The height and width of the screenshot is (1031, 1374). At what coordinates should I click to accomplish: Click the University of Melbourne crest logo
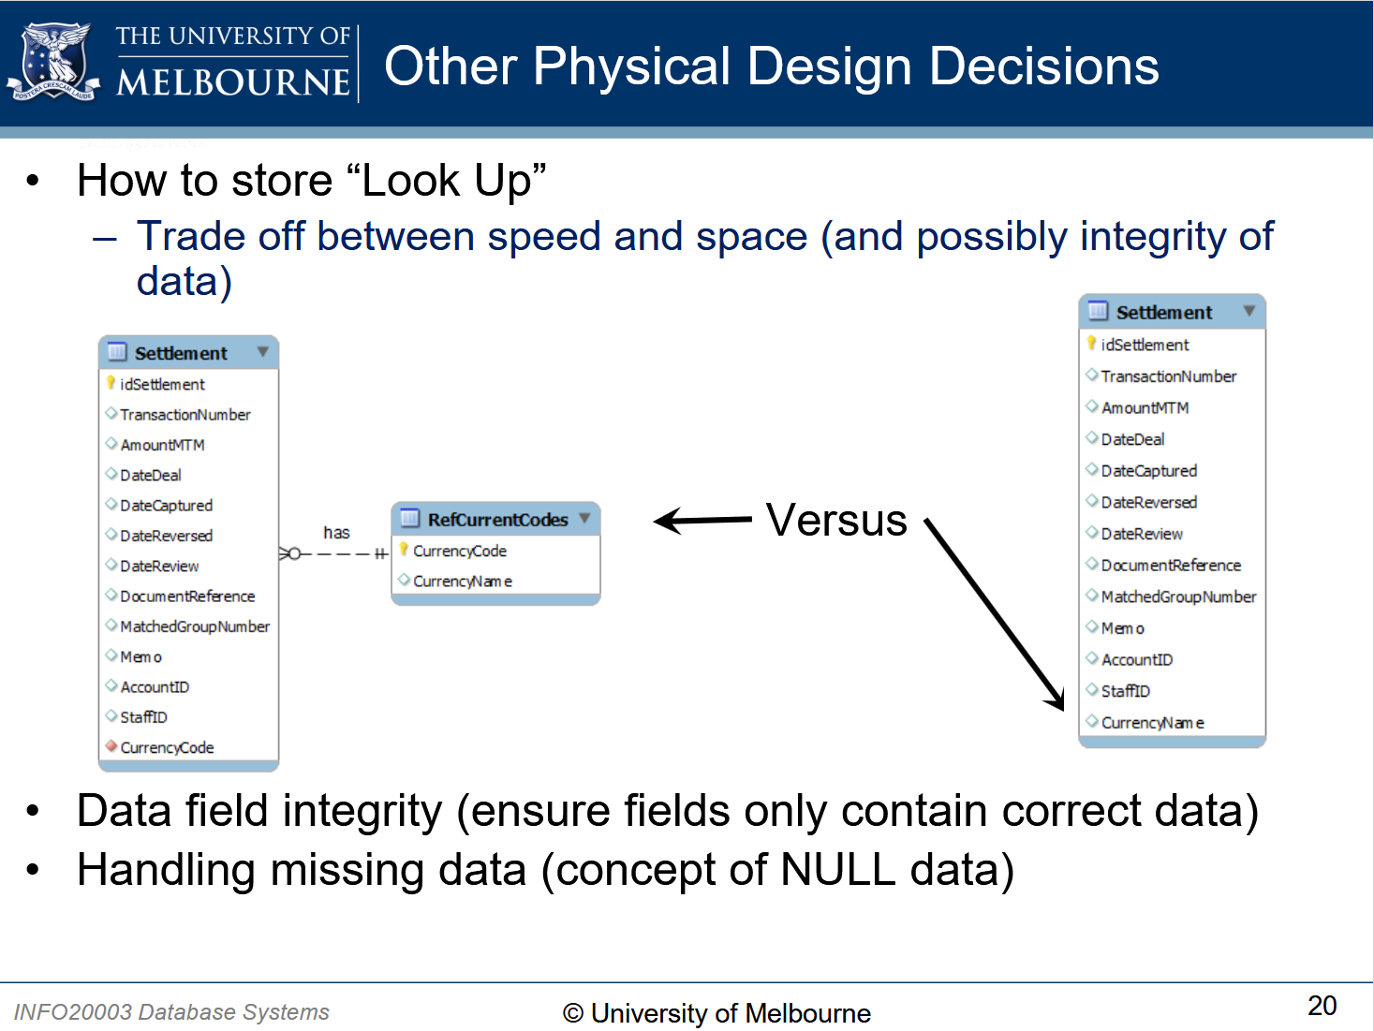click(x=53, y=61)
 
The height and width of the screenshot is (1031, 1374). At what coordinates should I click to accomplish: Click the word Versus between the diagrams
click(x=836, y=520)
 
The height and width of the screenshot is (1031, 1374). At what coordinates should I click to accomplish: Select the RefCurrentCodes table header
click(x=495, y=519)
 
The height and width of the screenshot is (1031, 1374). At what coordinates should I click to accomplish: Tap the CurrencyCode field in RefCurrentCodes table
click(x=460, y=552)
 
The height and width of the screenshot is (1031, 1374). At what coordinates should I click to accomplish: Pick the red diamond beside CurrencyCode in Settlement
click(x=111, y=745)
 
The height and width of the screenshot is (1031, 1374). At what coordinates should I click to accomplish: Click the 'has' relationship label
click(x=336, y=533)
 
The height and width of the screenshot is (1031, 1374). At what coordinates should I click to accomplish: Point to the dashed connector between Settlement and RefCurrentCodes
click(x=334, y=553)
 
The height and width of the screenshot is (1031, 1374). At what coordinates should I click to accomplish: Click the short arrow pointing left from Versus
click(x=702, y=521)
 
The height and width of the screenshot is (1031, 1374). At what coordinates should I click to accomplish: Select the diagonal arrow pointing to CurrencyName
click(x=994, y=614)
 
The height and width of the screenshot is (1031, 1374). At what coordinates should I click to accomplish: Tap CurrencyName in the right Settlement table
click(x=1152, y=723)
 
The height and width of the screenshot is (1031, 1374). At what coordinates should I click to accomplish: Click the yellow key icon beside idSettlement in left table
click(x=111, y=382)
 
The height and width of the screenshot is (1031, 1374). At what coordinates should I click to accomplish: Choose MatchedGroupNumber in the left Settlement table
click(x=195, y=626)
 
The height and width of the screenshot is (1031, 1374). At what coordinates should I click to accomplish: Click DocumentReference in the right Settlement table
click(x=1171, y=565)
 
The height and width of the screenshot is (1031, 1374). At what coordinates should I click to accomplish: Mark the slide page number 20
click(x=1322, y=1006)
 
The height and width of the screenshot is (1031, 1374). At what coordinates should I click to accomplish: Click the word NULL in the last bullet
click(x=837, y=870)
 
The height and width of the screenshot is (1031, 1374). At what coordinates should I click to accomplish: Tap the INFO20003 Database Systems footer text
click(x=170, y=1011)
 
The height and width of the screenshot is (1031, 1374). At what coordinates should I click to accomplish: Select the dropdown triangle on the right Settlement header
click(x=1249, y=310)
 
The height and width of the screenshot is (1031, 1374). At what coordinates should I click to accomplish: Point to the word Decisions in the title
click(x=1043, y=66)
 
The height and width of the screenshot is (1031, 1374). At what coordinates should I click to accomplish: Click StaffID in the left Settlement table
click(x=143, y=717)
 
